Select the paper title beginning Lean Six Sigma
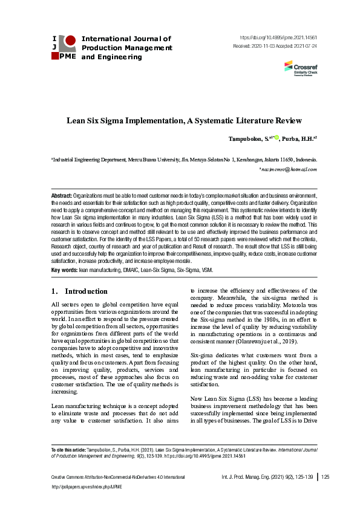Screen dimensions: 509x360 184,121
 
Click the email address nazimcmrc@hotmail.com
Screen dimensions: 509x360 288,170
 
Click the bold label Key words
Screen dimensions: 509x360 64,270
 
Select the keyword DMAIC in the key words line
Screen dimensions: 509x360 135,270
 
